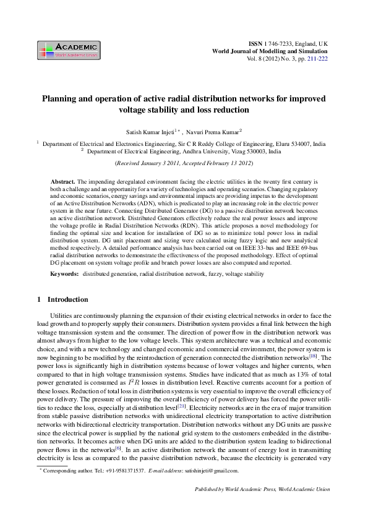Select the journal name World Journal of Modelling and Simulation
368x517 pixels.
point(270,51)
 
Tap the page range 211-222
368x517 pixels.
point(317,59)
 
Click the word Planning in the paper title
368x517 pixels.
point(59,98)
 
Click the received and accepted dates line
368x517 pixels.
point(184,163)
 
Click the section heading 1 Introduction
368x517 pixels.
point(62,300)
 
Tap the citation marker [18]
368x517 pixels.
point(314,357)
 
